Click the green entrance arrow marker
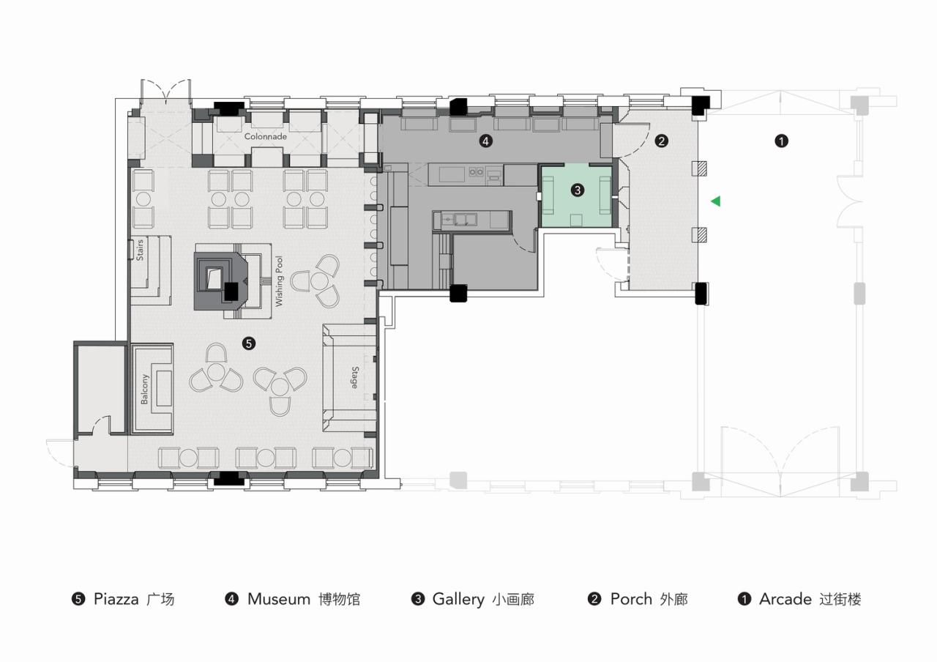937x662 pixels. [x=715, y=201]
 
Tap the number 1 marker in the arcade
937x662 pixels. [x=781, y=141]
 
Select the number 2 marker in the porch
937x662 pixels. [x=661, y=141]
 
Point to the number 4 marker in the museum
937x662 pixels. [x=485, y=141]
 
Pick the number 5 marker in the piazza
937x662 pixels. [x=249, y=342]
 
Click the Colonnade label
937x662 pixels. [x=266, y=137]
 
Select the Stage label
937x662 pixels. [x=354, y=378]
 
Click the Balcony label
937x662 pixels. [x=144, y=389]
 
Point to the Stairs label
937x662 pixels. [x=140, y=250]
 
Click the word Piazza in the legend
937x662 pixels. [x=116, y=599]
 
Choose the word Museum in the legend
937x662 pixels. [x=279, y=599]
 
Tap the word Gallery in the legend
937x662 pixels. [x=458, y=599]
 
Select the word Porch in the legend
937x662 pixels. [x=631, y=599]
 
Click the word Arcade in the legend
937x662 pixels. [x=785, y=599]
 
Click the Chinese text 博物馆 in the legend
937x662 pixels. [x=339, y=600]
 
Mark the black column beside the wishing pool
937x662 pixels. [x=231, y=291]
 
